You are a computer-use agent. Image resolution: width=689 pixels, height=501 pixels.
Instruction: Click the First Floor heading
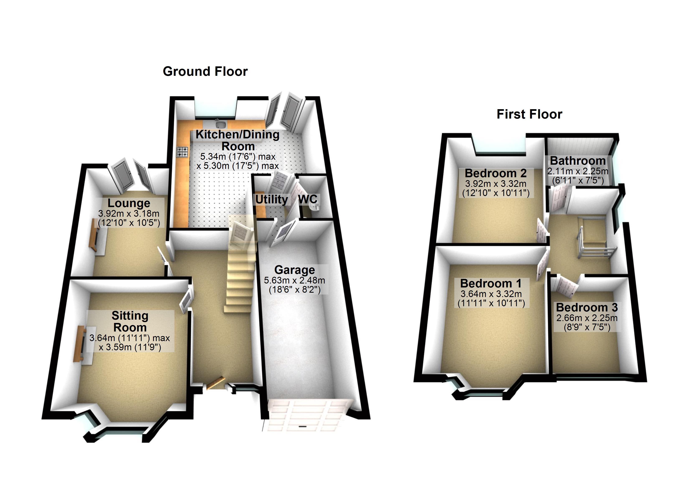pyautogui.click(x=529, y=114)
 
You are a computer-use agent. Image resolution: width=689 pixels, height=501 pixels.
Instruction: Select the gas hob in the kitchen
pyautogui.click(x=182, y=152)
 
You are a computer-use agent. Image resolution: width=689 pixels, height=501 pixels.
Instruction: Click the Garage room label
pyautogui.click(x=294, y=270)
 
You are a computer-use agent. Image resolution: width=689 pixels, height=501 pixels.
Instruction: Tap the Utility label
pyautogui.click(x=271, y=200)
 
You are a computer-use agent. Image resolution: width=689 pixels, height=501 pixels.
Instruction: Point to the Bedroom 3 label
pyautogui.click(x=587, y=307)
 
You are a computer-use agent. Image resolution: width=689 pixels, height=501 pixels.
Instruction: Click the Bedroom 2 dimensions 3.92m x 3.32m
pyautogui.click(x=495, y=183)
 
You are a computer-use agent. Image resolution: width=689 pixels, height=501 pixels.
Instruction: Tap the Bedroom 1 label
pyautogui.click(x=491, y=283)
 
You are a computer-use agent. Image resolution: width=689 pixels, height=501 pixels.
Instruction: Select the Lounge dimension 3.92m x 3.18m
pyautogui.click(x=129, y=214)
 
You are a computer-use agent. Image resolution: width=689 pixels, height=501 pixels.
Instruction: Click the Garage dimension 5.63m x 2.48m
pyautogui.click(x=294, y=280)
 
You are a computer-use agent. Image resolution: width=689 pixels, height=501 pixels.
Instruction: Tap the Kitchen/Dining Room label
pyautogui.click(x=238, y=140)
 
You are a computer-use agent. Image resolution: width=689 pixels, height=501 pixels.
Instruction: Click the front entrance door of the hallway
pyautogui.click(x=215, y=383)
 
